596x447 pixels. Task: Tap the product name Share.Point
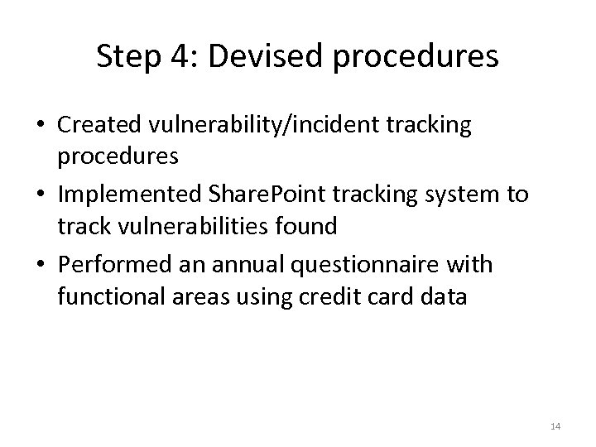tap(262, 195)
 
